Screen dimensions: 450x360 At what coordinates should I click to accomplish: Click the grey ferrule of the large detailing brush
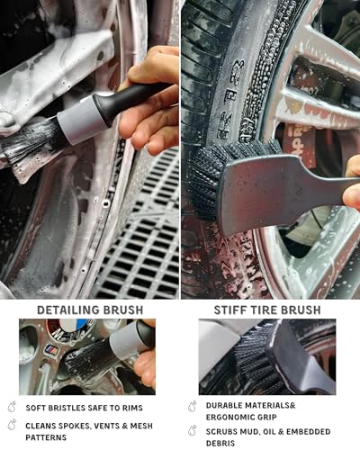[x=83, y=119]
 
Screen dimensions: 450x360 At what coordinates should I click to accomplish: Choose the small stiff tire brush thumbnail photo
[x=266, y=356]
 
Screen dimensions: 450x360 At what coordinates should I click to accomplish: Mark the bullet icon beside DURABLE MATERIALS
[x=193, y=406]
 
